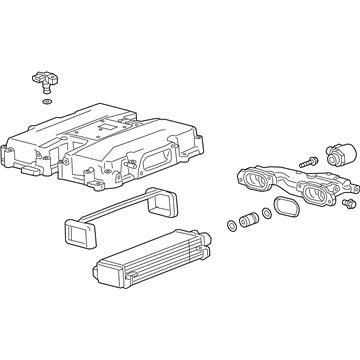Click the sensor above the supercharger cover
pyautogui.click(x=47, y=76)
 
